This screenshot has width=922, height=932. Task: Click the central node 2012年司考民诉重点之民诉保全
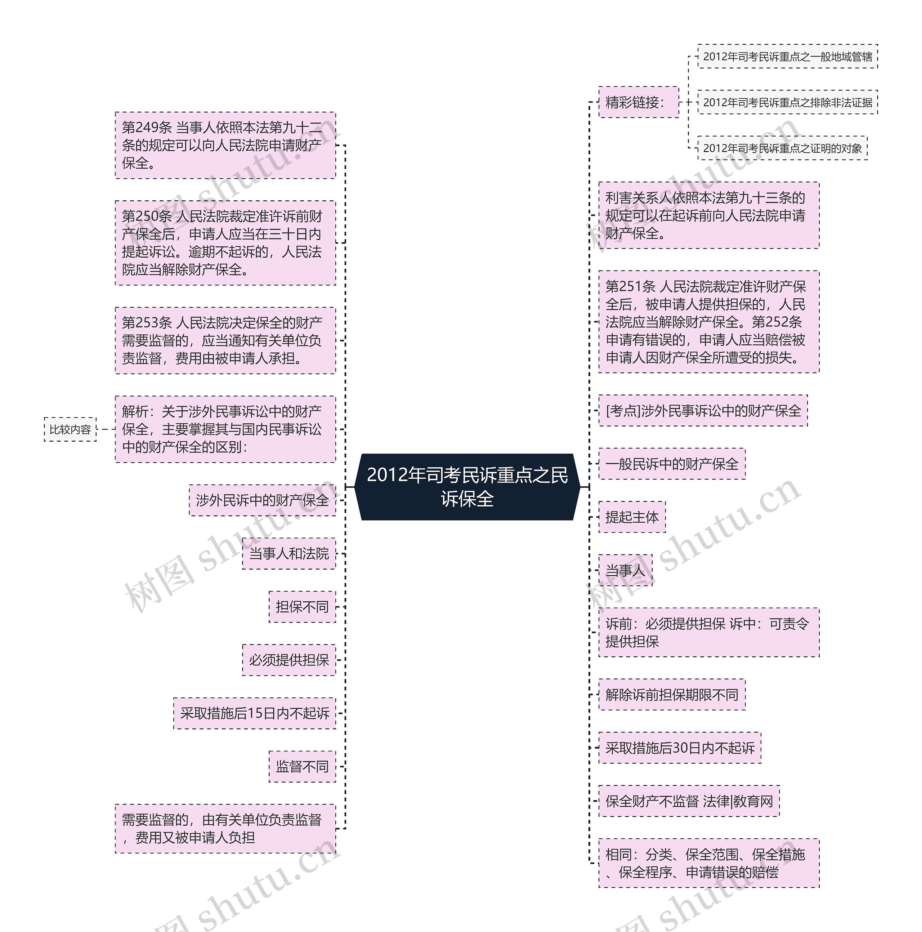467,487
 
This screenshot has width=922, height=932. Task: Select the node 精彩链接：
638,102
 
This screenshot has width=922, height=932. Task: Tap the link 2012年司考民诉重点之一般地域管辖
787,57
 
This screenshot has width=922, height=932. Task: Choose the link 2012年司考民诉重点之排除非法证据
787,102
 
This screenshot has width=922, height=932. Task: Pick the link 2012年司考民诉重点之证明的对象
782,148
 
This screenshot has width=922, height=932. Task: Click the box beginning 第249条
225,145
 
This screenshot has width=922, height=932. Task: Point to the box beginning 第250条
225,243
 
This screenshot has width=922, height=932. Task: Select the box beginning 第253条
225,340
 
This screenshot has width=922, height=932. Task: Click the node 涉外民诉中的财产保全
262,500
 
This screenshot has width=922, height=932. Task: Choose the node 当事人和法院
288,553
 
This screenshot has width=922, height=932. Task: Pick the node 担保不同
302,606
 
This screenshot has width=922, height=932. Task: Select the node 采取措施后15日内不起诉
255,713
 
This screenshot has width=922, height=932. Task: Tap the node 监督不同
302,766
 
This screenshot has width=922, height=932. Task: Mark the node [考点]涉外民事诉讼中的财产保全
703,411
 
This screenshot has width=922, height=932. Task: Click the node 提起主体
632,517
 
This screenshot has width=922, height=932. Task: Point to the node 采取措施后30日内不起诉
680,748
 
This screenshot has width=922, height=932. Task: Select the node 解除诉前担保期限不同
672,695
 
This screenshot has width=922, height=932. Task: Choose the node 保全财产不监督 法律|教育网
689,801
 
